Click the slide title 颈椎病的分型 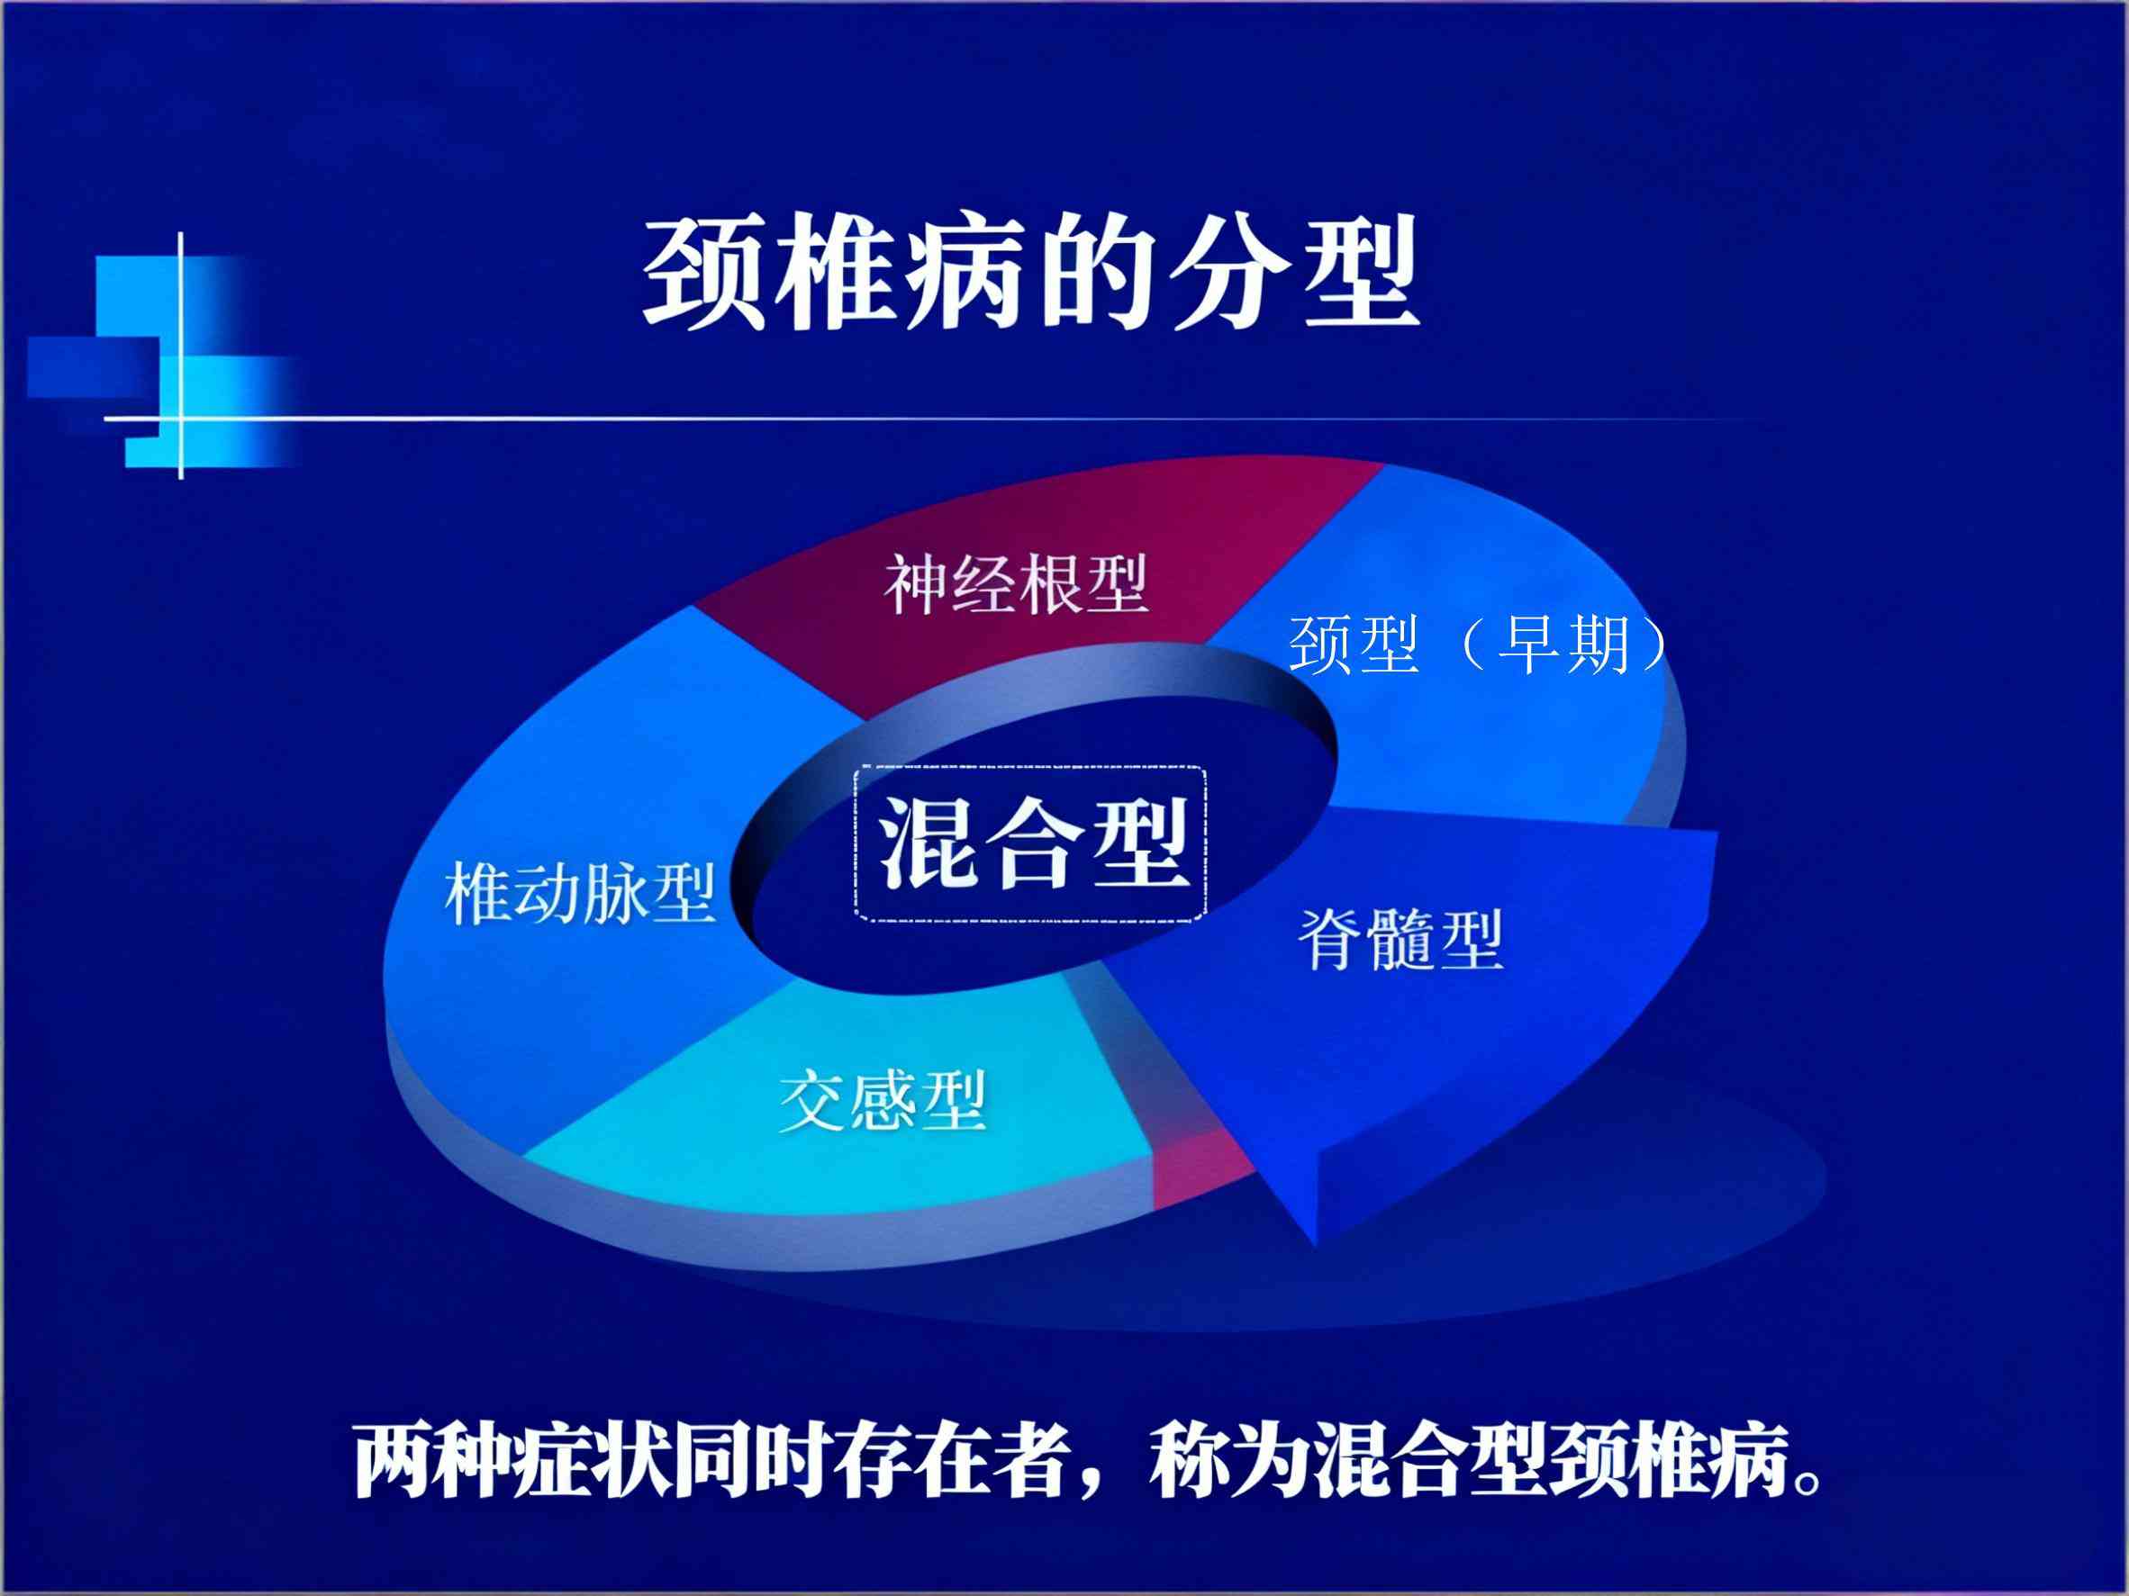tap(1031, 272)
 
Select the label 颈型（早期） tap(1479, 644)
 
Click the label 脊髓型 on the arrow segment tap(1401, 939)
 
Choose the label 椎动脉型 tap(580, 894)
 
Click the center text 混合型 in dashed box tap(1032, 843)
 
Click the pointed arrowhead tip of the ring tap(1315, 1245)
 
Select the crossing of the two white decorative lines tap(181, 419)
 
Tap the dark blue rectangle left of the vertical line tap(94, 367)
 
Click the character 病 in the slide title tap(964, 272)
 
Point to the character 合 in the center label tap(1033, 843)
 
